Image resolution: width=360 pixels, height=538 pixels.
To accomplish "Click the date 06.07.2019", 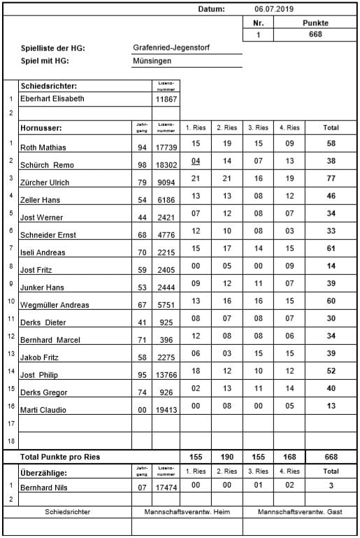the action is pos(275,9).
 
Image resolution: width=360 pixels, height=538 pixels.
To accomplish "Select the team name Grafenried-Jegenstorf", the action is pos(171,48).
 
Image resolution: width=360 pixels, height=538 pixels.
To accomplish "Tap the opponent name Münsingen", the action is pos(152,61).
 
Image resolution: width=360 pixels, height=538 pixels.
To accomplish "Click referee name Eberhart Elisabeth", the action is pos(52,99).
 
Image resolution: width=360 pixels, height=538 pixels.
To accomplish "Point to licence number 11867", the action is pos(166,99).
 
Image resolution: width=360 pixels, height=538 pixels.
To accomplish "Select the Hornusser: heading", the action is pos(42,128).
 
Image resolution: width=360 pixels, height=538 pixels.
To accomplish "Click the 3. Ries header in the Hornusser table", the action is pos(259,128).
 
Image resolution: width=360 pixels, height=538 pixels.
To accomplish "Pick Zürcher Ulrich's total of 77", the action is pos(331,179).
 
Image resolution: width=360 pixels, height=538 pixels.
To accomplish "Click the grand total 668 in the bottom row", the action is pos(331,456).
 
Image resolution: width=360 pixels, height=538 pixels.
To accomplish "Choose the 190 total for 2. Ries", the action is pos(227,456).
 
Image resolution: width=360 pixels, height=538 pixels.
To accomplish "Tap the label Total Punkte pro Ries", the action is pos(60,457).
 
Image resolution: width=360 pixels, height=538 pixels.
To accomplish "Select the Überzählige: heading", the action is pos(46,471).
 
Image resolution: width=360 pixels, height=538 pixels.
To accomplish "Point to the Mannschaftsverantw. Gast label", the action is pos(300,512).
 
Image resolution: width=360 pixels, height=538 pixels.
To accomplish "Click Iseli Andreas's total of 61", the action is pos(331,248).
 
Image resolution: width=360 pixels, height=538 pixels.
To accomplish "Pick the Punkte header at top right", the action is pos(315,23).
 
